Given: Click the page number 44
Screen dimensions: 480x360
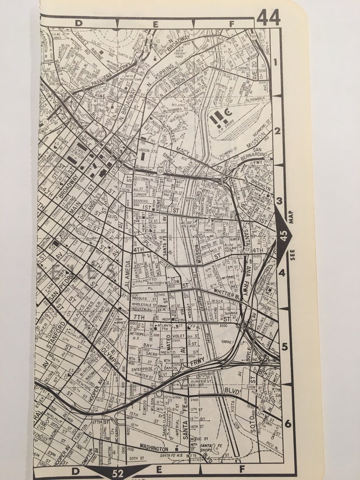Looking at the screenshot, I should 268,18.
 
